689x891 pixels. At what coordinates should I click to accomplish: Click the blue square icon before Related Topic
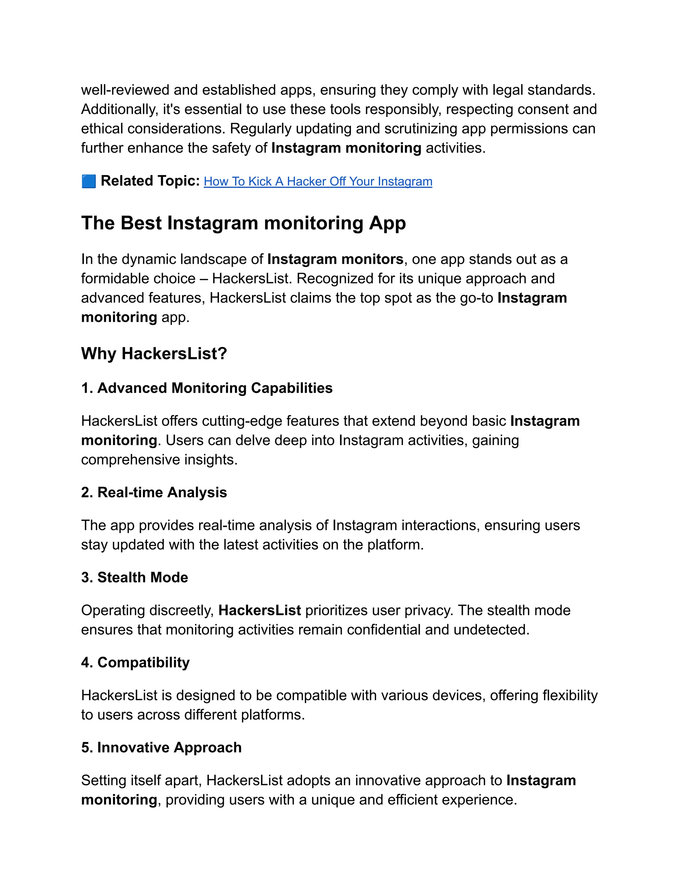(88, 181)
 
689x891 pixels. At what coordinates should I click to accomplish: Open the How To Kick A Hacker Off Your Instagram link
(318, 182)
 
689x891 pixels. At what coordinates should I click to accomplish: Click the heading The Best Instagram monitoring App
(243, 223)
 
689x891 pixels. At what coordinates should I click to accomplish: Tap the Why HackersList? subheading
(154, 353)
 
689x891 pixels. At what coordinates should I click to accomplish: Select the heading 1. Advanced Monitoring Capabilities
(207, 388)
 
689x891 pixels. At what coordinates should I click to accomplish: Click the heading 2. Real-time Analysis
(154, 493)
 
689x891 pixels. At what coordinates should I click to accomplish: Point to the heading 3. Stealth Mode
(134, 577)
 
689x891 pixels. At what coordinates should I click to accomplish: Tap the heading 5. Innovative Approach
(161, 747)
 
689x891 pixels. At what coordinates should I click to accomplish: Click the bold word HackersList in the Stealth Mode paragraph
(260, 610)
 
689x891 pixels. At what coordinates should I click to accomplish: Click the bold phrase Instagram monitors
(335, 260)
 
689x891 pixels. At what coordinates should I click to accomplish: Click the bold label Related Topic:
(150, 181)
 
